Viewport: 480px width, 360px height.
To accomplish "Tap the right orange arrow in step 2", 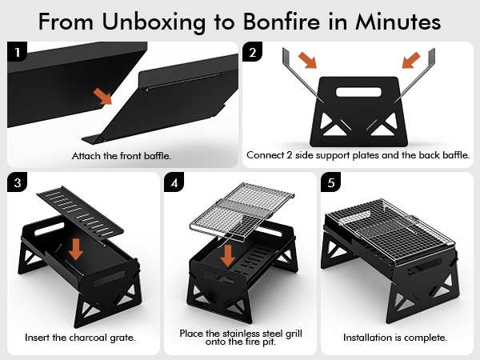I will click(410, 60).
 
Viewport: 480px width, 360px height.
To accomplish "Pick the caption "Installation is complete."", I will click(395, 338).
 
